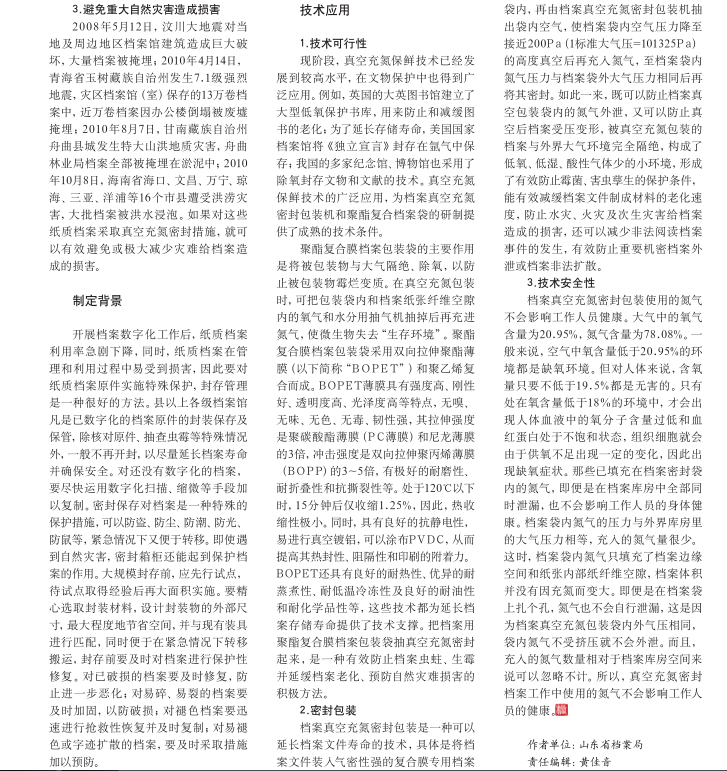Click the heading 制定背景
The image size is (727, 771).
[x=97, y=300]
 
